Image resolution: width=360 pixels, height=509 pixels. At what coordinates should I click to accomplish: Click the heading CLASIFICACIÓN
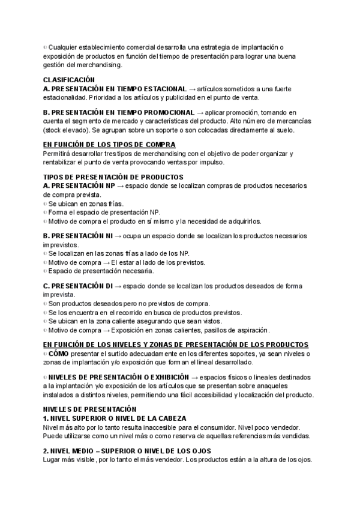point(69,79)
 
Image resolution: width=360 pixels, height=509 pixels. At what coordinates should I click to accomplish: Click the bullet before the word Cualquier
point(45,47)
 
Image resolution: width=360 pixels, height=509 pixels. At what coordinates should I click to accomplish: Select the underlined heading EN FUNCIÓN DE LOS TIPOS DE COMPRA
point(109,145)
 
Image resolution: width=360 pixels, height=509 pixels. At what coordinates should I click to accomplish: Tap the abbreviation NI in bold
point(107,236)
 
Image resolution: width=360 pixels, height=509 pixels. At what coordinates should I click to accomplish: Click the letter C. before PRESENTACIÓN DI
point(46,286)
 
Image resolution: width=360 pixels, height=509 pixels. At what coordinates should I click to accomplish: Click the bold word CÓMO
point(58,354)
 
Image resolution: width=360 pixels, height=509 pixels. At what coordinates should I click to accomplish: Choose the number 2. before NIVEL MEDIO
point(46,451)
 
